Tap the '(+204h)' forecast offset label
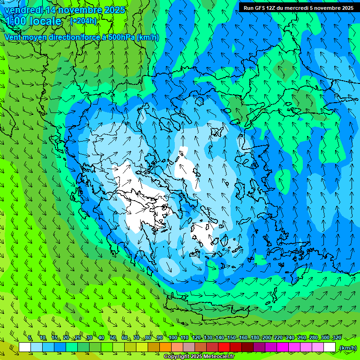(x=83, y=21)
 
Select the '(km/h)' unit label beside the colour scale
(x=347, y=347)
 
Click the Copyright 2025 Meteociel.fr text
(x=199, y=357)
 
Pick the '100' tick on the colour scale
(x=173, y=337)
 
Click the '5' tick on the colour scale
(x=30, y=337)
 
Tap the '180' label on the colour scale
(x=255, y=337)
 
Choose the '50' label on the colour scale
(x=113, y=337)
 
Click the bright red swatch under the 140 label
(x=224, y=347)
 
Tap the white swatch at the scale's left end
(x=25, y=347)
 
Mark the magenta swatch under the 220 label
(x=283, y=347)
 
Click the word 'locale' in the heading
(x=45, y=21)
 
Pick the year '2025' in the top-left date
(x=114, y=10)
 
